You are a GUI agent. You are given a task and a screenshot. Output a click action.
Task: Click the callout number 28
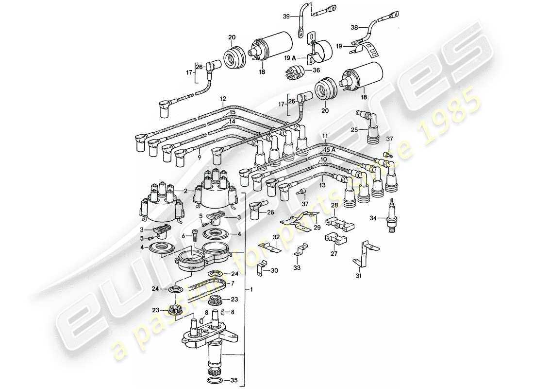pos(334,206)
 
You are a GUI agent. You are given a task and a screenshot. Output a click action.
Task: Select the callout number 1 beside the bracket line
pos(251,290)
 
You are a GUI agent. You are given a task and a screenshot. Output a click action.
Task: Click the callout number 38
pos(353,28)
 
